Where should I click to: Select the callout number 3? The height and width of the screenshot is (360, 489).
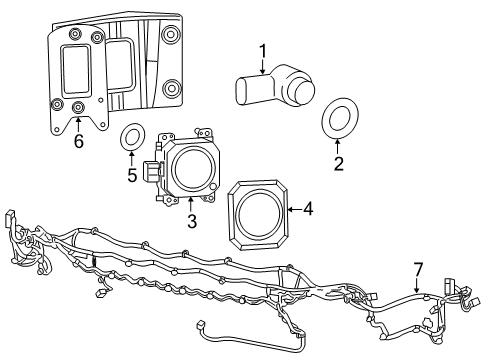tap(189, 219)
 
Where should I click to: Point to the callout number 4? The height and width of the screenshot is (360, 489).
tap(309, 209)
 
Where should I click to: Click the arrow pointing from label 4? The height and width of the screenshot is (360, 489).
tap(293, 209)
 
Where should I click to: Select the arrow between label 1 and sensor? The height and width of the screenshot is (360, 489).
tap(263, 66)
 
